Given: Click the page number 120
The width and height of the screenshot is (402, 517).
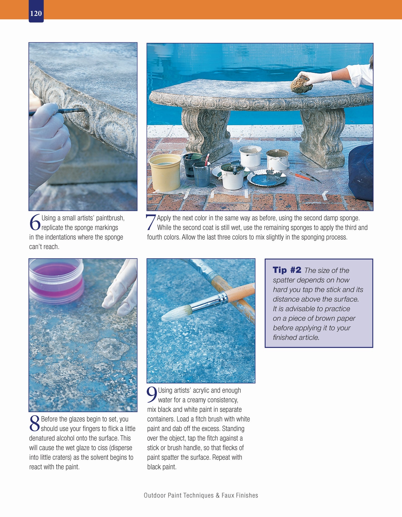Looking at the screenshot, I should point(36,13).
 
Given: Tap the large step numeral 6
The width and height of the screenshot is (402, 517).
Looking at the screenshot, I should point(35,223).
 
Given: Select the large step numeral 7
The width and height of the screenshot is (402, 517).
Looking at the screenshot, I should point(151,222).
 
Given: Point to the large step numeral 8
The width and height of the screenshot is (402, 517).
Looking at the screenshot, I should point(35,424).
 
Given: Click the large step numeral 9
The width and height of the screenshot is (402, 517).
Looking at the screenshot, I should point(152,395).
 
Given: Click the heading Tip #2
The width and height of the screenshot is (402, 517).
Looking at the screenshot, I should point(287,270).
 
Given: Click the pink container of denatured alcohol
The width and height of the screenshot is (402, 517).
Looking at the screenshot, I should point(56,281).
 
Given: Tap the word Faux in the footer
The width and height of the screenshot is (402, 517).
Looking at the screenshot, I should point(228,495).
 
